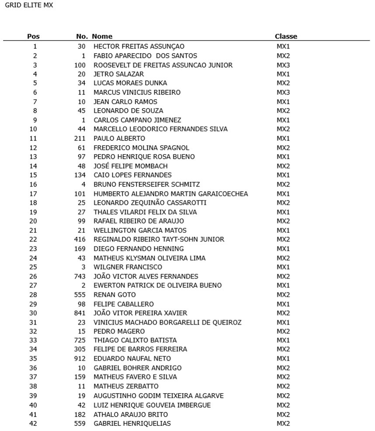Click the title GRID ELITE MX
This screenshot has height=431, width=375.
(28, 6)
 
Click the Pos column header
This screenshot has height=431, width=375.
(33, 36)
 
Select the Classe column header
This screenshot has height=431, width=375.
(286, 36)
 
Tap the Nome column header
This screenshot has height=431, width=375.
(102, 36)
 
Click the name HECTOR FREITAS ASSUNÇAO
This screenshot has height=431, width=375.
(139, 46)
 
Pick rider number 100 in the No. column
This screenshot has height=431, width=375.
(80, 65)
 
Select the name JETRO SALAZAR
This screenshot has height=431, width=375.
(118, 74)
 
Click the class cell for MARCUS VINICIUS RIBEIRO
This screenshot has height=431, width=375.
(283, 93)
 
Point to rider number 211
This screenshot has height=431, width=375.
(80, 139)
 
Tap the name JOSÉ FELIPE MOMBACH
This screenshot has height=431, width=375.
(130, 166)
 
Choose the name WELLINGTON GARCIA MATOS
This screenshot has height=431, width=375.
(140, 231)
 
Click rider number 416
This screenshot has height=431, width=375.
(80, 240)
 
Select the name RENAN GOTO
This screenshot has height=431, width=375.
(115, 295)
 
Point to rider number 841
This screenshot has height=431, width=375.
(80, 313)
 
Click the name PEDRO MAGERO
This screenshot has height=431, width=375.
(119, 332)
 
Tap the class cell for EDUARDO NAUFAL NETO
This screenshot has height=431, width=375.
(283, 359)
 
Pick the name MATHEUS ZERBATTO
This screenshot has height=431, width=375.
(126, 386)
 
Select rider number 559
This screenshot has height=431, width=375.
(80, 424)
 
